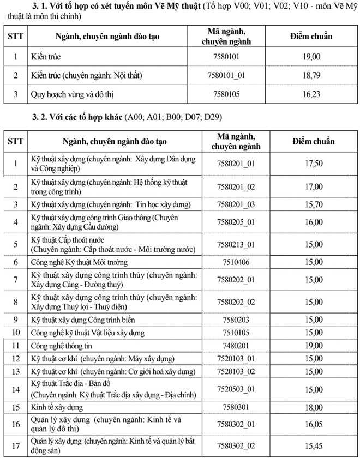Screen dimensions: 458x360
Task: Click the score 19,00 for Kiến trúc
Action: (312, 56)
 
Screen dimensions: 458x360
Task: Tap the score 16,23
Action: (312, 94)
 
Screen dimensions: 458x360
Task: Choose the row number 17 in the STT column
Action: (16, 445)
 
